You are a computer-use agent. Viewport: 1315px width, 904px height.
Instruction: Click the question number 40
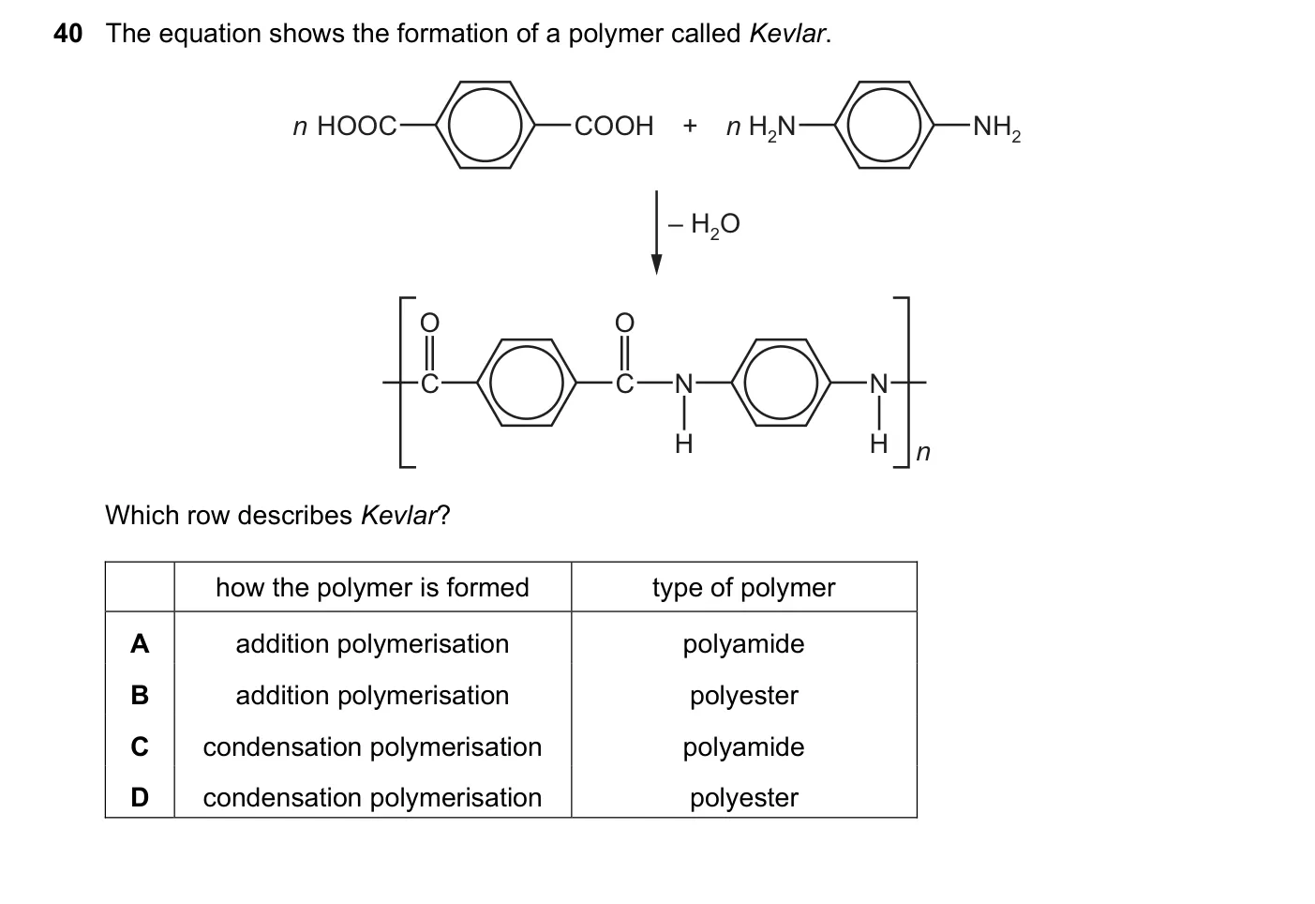(x=67, y=34)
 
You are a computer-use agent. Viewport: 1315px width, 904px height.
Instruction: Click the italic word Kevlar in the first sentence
(x=786, y=34)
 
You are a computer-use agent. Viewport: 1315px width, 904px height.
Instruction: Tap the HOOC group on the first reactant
(x=356, y=126)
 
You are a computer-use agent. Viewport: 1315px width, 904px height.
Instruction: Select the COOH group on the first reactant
(x=614, y=126)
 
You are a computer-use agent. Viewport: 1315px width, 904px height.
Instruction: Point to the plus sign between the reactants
(x=690, y=125)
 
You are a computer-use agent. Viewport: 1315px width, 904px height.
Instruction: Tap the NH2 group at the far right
(x=997, y=128)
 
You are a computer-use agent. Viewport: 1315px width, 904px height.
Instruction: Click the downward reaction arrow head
(x=657, y=264)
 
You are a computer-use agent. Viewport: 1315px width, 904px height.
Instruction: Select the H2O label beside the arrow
(x=715, y=225)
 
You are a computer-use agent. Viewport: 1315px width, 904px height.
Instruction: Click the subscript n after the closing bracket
(x=923, y=453)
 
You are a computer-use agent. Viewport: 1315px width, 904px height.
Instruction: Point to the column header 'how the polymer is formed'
(x=372, y=587)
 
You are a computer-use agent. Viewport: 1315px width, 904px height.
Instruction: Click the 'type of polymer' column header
(x=744, y=587)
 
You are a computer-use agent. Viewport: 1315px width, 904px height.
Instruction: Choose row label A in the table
(x=140, y=644)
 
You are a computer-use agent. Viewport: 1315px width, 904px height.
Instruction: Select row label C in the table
(x=140, y=746)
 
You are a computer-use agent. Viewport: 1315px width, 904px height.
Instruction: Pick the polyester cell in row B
(x=744, y=696)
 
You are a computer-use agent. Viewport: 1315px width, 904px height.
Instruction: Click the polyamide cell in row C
(x=744, y=747)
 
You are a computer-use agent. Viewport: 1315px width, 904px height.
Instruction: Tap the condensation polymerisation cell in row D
(x=372, y=798)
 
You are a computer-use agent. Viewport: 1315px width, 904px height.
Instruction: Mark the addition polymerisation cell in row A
(x=372, y=644)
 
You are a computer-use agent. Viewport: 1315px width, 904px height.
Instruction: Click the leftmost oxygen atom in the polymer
(x=429, y=323)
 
